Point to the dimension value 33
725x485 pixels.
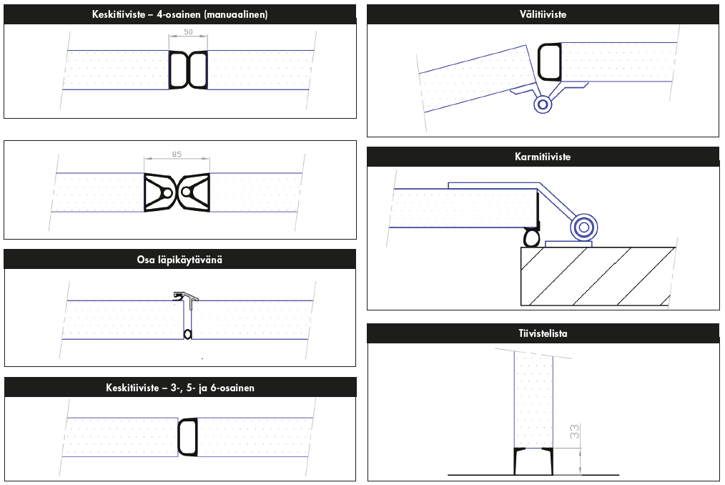tap(574, 432)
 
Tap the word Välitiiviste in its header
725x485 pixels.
tap(543, 14)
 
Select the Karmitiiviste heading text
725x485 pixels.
tap(542, 157)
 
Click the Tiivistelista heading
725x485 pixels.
tap(543, 333)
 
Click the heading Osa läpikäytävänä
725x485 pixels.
tap(179, 259)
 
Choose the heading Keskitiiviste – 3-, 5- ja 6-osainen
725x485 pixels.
tap(179, 388)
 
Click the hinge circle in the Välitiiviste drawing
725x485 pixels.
tap(543, 104)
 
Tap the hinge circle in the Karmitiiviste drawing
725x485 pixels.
tap(583, 227)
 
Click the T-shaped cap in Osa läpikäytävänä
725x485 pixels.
tap(187, 295)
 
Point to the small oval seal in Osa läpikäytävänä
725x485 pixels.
tap(187, 333)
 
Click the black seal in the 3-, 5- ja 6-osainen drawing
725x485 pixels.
tap(187, 437)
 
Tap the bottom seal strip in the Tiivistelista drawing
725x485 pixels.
tap(533, 461)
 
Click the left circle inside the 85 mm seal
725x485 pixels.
tap(166, 192)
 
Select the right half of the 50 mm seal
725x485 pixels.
tap(198, 70)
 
